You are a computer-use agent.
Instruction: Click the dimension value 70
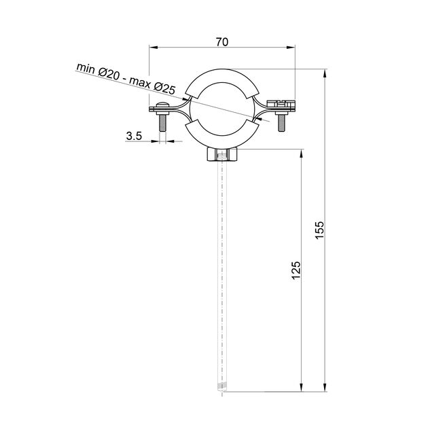[222, 42]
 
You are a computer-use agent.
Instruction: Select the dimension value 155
[319, 230]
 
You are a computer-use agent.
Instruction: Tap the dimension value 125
[296, 270]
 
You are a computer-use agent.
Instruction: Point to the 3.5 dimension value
[134, 136]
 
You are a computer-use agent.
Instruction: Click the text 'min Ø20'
[97, 71]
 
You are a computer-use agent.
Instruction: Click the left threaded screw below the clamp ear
[162, 122]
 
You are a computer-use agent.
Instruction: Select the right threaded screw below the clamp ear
[281, 123]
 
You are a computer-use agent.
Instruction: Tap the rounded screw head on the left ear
[162, 105]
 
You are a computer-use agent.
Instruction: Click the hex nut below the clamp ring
[222, 155]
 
